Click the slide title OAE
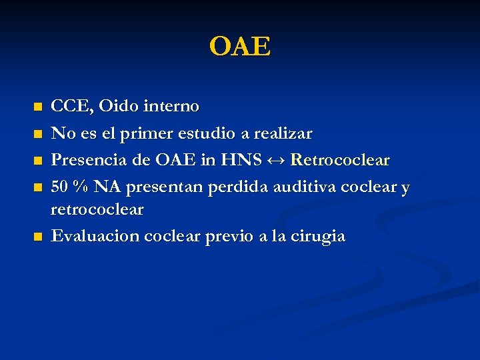(240, 47)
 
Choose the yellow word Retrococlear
(340, 161)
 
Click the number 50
(61, 188)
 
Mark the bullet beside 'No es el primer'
(38, 135)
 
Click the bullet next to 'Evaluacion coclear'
(38, 237)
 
